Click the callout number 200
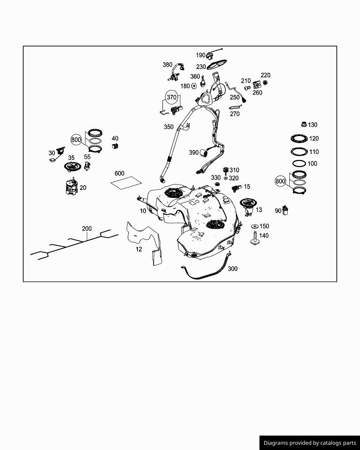pyautogui.click(x=87, y=229)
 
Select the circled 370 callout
pyautogui.click(x=172, y=97)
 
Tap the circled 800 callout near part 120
pyautogui.click(x=281, y=181)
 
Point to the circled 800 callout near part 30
pyautogui.click(x=76, y=140)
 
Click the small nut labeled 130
pyautogui.click(x=304, y=124)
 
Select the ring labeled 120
pyautogui.click(x=299, y=139)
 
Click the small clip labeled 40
pyautogui.click(x=115, y=146)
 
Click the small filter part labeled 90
pyautogui.click(x=285, y=210)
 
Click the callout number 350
pyautogui.click(x=169, y=127)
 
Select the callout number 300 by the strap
pyautogui.click(x=233, y=269)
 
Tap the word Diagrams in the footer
pyautogui.click(x=275, y=443)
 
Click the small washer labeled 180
pyautogui.click(x=194, y=86)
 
